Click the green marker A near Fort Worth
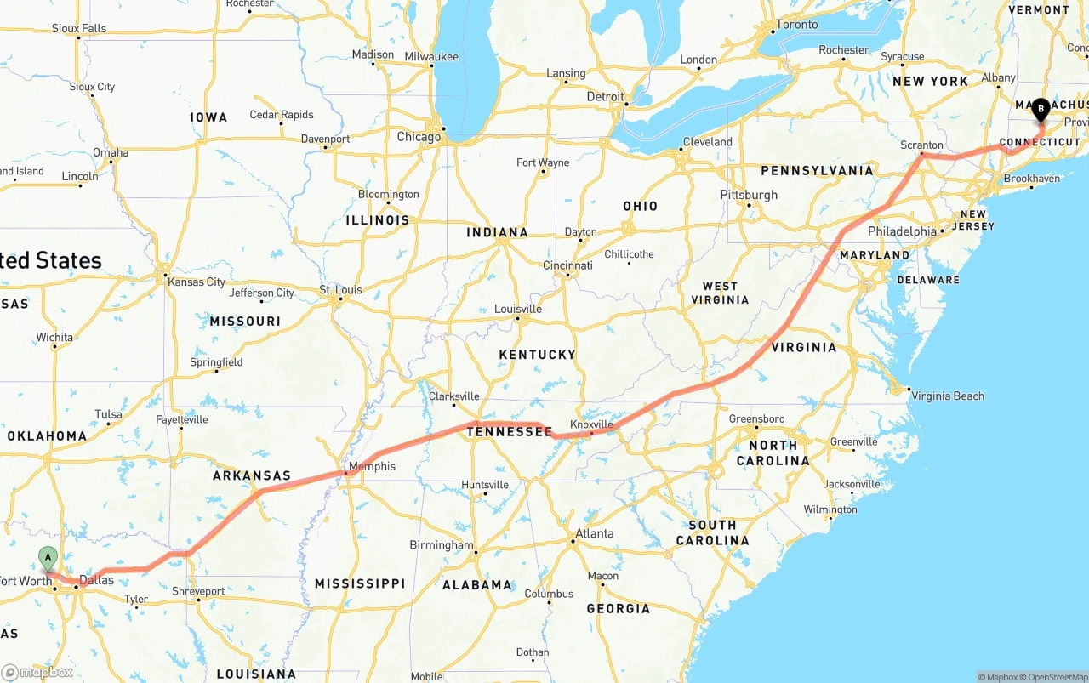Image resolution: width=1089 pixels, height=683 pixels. point(48,559)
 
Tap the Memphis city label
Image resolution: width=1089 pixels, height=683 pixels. point(373,466)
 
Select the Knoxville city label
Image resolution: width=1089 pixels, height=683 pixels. point(591,424)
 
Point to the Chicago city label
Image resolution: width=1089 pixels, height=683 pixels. point(419,137)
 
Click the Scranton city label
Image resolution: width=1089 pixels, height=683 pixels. point(922,145)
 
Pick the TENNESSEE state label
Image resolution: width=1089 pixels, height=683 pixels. point(508,432)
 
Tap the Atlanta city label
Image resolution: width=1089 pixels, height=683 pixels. point(595,534)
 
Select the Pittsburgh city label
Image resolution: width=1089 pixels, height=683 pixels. point(749,195)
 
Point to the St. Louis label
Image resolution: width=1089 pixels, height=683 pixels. point(340,290)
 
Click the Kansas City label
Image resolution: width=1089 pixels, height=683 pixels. point(197,282)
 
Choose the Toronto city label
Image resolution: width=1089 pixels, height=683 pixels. point(797,25)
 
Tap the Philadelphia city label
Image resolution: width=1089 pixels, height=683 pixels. point(902,231)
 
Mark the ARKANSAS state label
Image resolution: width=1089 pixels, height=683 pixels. point(252,475)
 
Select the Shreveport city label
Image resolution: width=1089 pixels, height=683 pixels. point(198,591)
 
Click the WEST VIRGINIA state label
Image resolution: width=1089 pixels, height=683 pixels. point(720,293)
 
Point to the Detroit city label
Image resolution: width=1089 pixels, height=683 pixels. point(605,97)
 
